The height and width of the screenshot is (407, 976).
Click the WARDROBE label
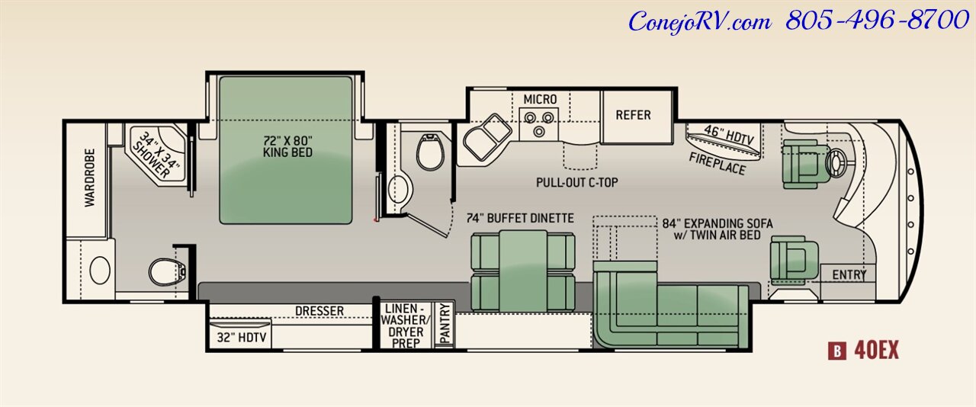(x=89, y=178)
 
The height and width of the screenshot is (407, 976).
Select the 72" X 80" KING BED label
(x=287, y=146)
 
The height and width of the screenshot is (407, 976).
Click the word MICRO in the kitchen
(x=540, y=99)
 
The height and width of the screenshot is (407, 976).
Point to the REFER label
(x=633, y=115)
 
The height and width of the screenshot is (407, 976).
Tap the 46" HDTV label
(x=728, y=135)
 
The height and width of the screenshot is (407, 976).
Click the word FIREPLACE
(x=718, y=163)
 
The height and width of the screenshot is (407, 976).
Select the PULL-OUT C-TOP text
(x=577, y=182)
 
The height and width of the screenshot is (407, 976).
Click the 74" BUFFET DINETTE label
(x=520, y=218)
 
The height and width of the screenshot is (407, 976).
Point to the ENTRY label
(x=849, y=275)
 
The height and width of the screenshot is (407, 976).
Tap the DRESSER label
(x=319, y=311)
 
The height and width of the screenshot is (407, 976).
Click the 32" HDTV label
(x=242, y=338)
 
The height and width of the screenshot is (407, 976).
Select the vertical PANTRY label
(x=445, y=323)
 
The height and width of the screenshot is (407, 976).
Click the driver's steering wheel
(x=836, y=163)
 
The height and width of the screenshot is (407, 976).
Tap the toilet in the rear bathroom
(x=167, y=272)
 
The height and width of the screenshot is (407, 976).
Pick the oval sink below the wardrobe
(x=100, y=270)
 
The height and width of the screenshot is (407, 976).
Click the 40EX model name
(x=876, y=350)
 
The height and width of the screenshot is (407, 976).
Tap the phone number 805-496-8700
(x=877, y=21)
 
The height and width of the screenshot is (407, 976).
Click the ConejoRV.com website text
(x=700, y=21)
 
